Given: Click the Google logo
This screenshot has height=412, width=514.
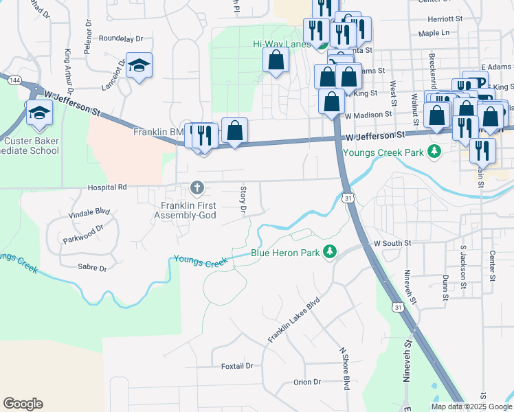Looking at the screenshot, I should tap(23, 404).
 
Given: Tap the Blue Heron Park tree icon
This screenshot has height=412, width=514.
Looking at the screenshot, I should tap(330, 253).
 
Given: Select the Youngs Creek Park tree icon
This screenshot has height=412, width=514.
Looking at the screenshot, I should tap(434, 151).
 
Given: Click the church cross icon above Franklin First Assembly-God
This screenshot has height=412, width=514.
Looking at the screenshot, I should tap(197, 187).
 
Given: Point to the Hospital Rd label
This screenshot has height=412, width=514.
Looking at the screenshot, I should tap(107, 187).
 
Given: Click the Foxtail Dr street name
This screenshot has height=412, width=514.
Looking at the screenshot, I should tap(237, 366).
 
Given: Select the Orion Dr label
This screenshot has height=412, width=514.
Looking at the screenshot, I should tap(307, 382).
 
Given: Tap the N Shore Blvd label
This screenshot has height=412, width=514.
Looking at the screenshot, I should tap(346, 368).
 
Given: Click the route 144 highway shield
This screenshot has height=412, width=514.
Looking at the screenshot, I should tap(14, 80).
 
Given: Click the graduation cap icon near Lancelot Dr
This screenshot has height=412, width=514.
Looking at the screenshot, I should tap(139, 66).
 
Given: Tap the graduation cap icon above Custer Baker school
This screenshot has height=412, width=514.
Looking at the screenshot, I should tap(39, 112).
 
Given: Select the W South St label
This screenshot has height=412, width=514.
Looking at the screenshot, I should tap(392, 243).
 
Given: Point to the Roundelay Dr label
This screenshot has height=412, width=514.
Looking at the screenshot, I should tap(121, 39).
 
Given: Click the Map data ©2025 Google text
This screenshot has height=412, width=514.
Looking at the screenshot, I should tap(471, 407).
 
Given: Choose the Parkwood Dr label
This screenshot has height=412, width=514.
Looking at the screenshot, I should tap(82, 233).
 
